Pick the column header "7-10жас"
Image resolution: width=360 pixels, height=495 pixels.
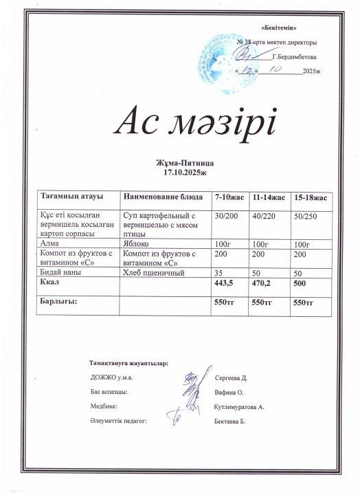[x=229, y=198]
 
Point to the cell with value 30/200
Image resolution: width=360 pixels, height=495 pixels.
[x=227, y=216]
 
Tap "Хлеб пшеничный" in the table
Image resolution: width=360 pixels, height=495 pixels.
[x=153, y=273]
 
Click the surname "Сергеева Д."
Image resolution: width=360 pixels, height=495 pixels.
[x=235, y=378]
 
